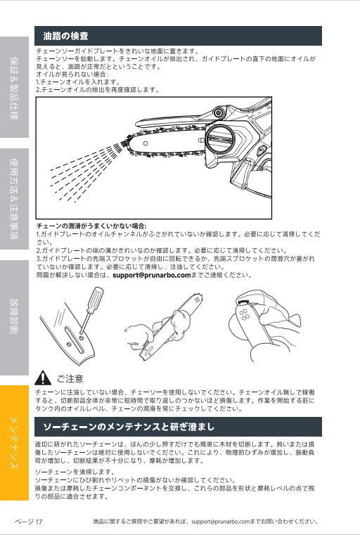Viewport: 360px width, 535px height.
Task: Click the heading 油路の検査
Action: pyautogui.click(x=66, y=36)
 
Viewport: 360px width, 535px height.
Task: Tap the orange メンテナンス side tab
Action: pyautogui.click(x=14, y=442)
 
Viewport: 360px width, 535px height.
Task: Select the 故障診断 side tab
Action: pyautogui.click(x=14, y=317)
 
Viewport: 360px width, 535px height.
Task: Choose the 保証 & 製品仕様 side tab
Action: pyautogui.click(x=14, y=87)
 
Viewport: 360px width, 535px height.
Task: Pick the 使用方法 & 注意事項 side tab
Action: pyautogui.click(x=14, y=199)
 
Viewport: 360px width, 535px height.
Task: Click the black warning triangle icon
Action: pyautogui.click(x=43, y=378)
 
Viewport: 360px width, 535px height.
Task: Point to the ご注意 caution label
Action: pyautogui.click(x=70, y=379)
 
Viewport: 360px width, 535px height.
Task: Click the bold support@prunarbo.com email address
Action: pyautogui.click(x=151, y=275)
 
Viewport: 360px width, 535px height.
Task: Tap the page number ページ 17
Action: pyautogui.click(x=28, y=522)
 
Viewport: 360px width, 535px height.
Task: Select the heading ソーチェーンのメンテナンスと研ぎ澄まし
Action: pyautogui.click(x=129, y=427)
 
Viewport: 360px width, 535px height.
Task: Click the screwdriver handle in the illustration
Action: pyautogui.click(x=95, y=299)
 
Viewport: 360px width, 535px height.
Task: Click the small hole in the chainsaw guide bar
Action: pyautogui.click(x=146, y=143)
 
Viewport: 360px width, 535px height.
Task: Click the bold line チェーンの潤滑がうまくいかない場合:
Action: pyautogui.click(x=91, y=226)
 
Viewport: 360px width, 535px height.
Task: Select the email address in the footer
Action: pyautogui.click(x=221, y=522)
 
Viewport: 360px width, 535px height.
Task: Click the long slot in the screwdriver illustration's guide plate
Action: pyautogui.click(x=75, y=340)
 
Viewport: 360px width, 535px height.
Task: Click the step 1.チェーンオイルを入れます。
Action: pyautogui.click(x=79, y=82)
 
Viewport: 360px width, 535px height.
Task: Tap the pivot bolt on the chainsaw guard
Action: pyautogui.click(x=218, y=112)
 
